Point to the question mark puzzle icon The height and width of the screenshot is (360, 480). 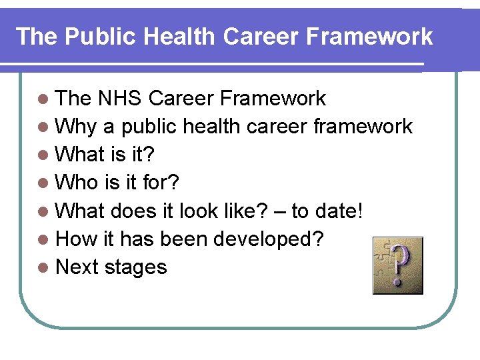coord(397,265)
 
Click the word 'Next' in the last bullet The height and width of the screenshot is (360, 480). coord(78,267)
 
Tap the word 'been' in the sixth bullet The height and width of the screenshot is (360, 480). coord(199,239)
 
